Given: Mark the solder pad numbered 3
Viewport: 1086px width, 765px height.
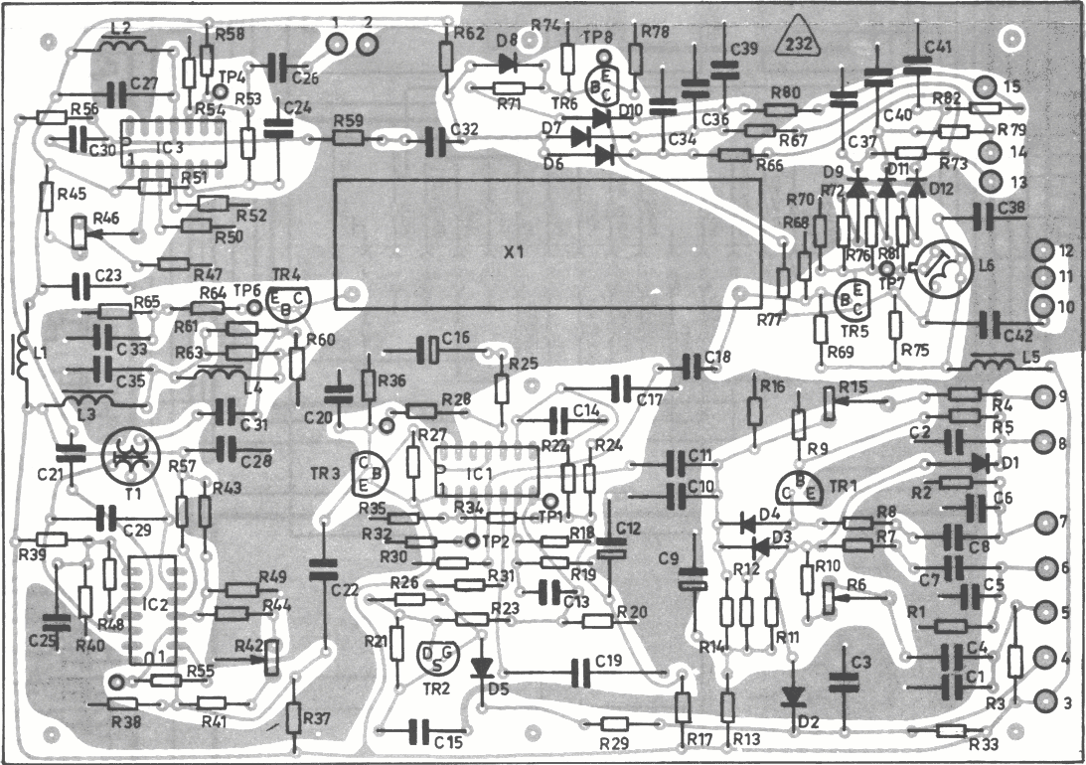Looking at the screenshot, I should coord(1044,702).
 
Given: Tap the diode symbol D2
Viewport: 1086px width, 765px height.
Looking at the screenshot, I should coord(793,696).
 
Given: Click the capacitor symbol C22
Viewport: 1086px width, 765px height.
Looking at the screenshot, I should coord(322,570).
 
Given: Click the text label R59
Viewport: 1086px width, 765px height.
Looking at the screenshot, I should coord(351,120).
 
